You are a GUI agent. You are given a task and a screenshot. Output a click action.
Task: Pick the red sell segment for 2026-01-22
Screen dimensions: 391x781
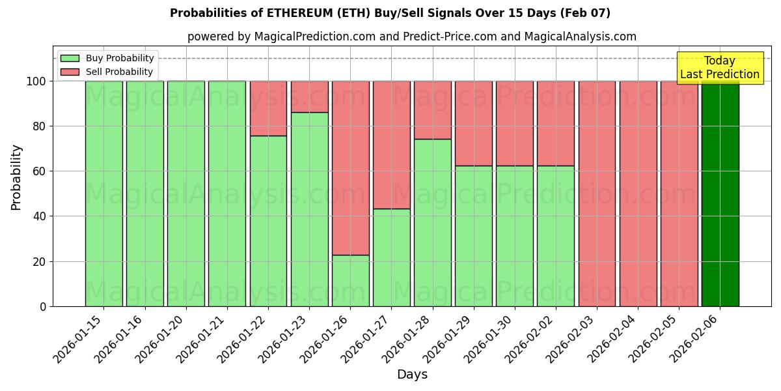pyautogui.click(x=268, y=108)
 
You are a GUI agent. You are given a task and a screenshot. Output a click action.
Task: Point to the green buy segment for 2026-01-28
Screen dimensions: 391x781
pyautogui.click(x=433, y=222)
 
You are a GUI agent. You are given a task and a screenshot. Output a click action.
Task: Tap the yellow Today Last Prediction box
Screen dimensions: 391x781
pyautogui.click(x=720, y=68)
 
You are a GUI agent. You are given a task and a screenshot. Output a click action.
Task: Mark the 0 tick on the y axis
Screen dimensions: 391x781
pyautogui.click(x=43, y=306)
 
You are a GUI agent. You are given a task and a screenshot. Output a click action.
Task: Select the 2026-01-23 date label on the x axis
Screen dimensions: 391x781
pyautogui.click(x=284, y=338)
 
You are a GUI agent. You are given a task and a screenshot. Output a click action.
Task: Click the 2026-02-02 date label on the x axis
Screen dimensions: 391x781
pyautogui.click(x=530, y=338)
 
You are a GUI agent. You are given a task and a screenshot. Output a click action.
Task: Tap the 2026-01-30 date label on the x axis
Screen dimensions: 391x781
pyautogui.click(x=489, y=338)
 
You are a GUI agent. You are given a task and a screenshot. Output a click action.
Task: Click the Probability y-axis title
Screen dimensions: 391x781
pyautogui.click(x=16, y=177)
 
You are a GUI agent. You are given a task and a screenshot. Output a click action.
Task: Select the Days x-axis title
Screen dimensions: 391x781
pyautogui.click(x=412, y=375)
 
